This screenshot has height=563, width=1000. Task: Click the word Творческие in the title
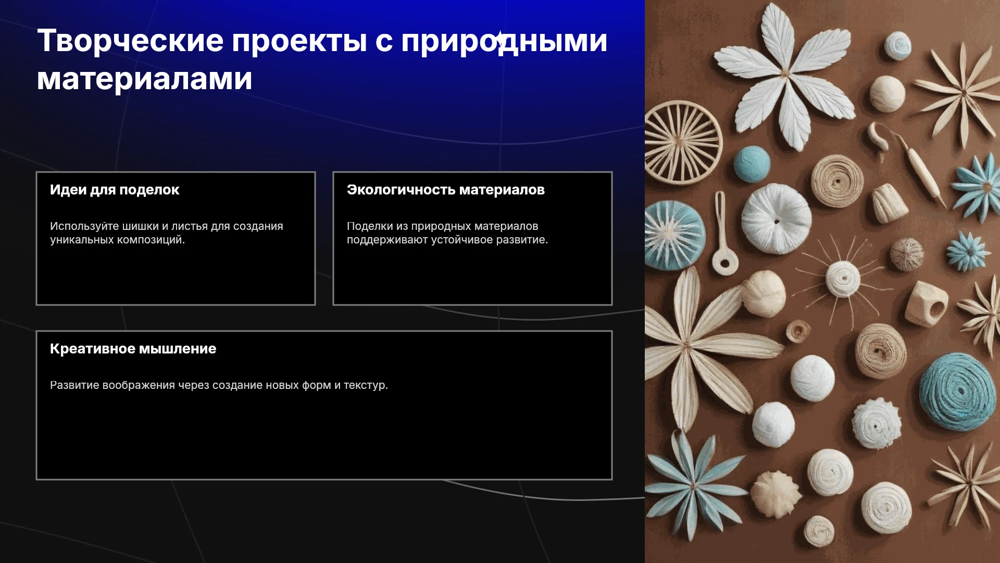tap(130, 41)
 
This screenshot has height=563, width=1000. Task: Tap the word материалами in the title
tap(145, 79)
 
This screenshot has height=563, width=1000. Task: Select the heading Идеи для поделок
tap(115, 190)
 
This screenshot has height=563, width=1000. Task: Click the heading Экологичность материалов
tap(446, 190)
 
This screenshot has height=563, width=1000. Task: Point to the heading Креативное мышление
tap(133, 349)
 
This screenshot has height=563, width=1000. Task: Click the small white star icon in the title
tap(500, 39)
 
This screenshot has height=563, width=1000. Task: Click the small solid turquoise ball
tap(752, 164)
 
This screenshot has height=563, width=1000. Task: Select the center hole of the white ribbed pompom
tap(777, 221)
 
